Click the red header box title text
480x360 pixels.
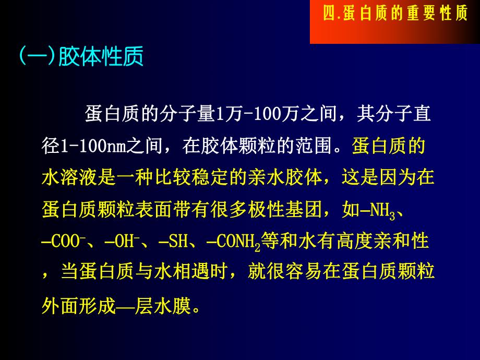click(x=395, y=14)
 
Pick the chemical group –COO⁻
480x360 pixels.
click(x=65, y=243)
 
